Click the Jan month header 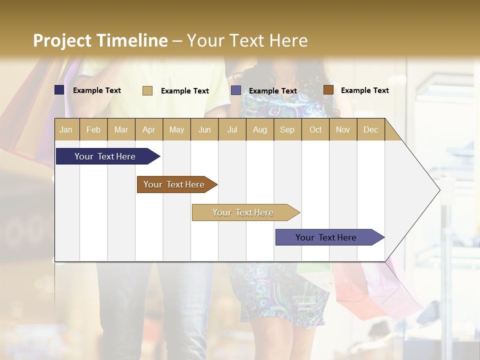point(66,129)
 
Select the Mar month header point(121,129)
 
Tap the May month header point(176,129)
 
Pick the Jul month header point(232,129)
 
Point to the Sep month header point(287,129)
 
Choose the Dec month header point(370,129)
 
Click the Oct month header point(315,129)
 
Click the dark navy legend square point(59,90)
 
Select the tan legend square point(147,90)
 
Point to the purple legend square point(236,90)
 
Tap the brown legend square point(328,90)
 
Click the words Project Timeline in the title point(100,40)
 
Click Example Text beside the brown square point(364,90)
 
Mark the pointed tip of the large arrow point(439,190)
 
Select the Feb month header point(93,129)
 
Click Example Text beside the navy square point(96,90)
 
